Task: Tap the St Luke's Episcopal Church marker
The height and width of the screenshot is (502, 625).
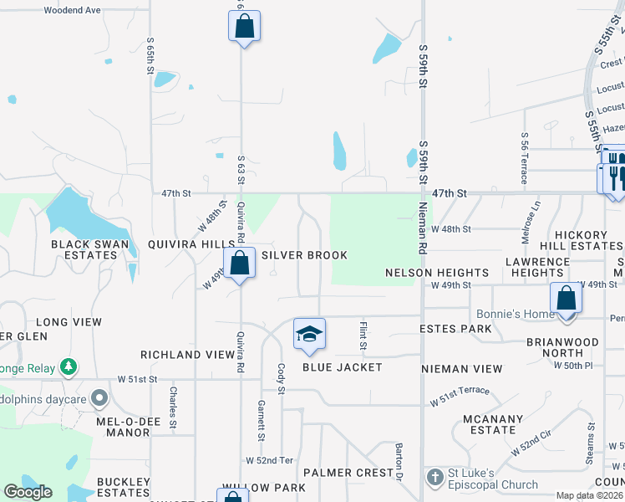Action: [x=434, y=478]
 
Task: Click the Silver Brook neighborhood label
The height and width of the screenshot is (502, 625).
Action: [x=304, y=255]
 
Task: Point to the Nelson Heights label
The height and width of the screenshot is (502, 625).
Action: [x=437, y=273]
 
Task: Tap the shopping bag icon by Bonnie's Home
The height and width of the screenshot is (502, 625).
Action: [x=566, y=298]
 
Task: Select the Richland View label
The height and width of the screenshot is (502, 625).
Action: [x=187, y=355]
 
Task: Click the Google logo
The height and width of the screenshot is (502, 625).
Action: [x=28, y=492]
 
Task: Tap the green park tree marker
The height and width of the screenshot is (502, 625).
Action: [x=69, y=368]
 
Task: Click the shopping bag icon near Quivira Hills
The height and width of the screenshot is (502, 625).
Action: [x=239, y=263]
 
